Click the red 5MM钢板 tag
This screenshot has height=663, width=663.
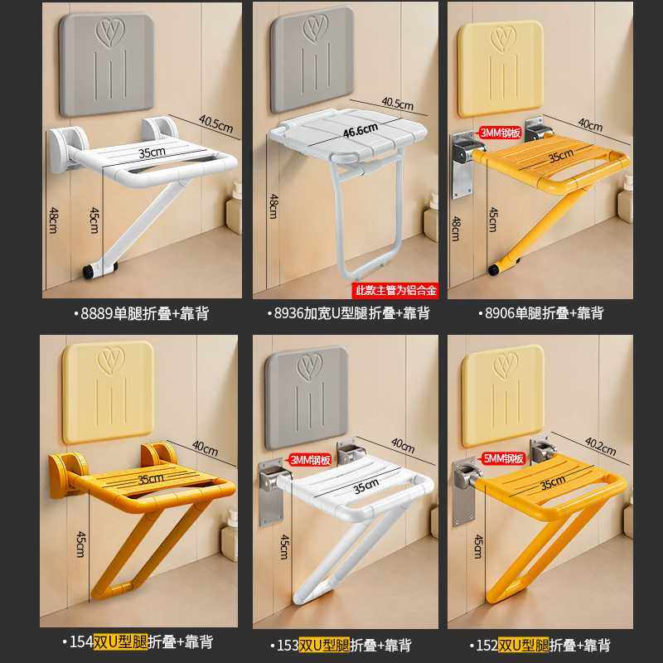[x=504, y=458]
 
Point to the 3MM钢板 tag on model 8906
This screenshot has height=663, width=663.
[x=501, y=133]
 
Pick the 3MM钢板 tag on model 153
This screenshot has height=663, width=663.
[x=310, y=458]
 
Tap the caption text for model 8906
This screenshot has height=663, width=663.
[x=546, y=313]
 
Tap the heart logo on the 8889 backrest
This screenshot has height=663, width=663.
[x=107, y=34]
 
